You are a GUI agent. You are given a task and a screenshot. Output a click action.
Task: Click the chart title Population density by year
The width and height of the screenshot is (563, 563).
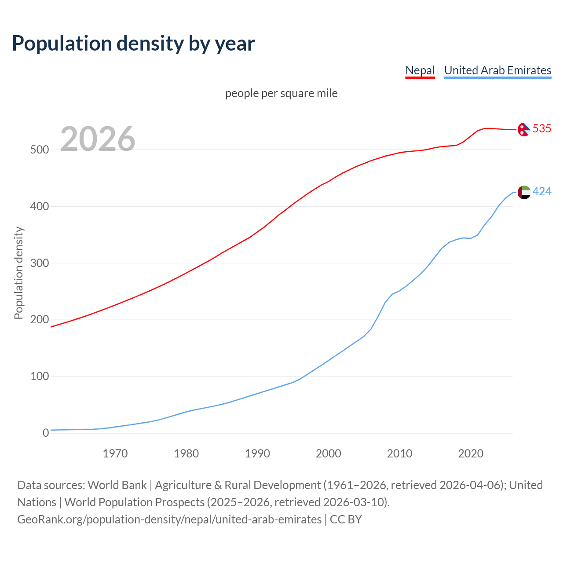tap(133, 44)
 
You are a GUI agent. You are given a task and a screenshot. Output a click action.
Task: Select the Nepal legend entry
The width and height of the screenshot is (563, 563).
tap(420, 70)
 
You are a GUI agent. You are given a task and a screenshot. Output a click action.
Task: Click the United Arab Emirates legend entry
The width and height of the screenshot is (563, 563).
tap(497, 70)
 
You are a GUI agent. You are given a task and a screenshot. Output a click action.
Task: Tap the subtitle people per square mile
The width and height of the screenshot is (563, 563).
tap(281, 94)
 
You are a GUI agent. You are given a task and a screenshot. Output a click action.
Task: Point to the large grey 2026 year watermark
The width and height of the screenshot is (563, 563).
tap(98, 139)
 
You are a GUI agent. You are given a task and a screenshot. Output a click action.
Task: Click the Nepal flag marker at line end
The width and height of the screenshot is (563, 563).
tap(523, 129)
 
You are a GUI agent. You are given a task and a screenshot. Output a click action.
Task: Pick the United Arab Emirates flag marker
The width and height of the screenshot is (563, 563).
tap(524, 192)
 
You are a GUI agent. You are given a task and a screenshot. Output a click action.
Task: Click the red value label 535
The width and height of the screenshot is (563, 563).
tap(541, 128)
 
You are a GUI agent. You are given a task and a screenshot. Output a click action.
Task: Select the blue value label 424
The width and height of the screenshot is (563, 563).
tap(541, 191)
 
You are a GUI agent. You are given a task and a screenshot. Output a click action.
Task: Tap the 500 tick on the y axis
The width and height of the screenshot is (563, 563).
tap(39, 150)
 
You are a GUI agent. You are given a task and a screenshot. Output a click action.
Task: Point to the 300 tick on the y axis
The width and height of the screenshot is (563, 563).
tap(39, 263)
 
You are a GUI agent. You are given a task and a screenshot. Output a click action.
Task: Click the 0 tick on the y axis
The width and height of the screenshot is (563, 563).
tap(46, 433)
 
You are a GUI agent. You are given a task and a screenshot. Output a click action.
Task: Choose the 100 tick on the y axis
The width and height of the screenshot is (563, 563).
tap(39, 377)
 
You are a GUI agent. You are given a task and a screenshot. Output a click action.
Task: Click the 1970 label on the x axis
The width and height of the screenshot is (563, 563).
tap(115, 453)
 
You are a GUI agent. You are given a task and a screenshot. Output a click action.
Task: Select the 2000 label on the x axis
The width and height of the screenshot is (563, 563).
tap(328, 453)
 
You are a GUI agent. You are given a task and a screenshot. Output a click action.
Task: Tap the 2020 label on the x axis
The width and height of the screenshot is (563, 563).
tap(471, 453)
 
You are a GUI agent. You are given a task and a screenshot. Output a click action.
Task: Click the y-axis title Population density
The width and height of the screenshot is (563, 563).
tap(18, 273)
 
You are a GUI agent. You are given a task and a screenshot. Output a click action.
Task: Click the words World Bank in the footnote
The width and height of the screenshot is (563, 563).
tap(117, 485)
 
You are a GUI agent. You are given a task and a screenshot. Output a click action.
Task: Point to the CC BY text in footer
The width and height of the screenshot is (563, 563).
tap(346, 519)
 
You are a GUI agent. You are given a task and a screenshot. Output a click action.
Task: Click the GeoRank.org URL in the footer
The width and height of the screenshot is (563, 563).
tap(169, 519)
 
